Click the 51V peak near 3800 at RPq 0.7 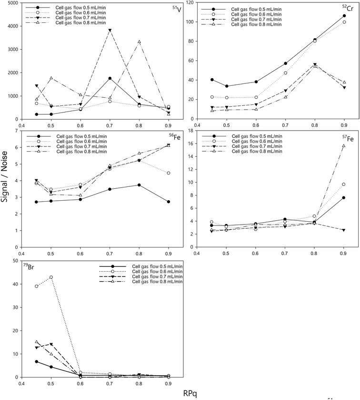pyautogui.click(x=110, y=30)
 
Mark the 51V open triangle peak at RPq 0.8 pyautogui.click(x=139, y=42)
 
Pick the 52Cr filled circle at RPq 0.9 pyautogui.click(x=344, y=16)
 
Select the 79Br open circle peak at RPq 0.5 pyautogui.click(x=51, y=277)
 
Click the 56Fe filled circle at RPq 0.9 pyautogui.click(x=169, y=202)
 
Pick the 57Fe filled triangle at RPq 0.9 pyautogui.click(x=343, y=230)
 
